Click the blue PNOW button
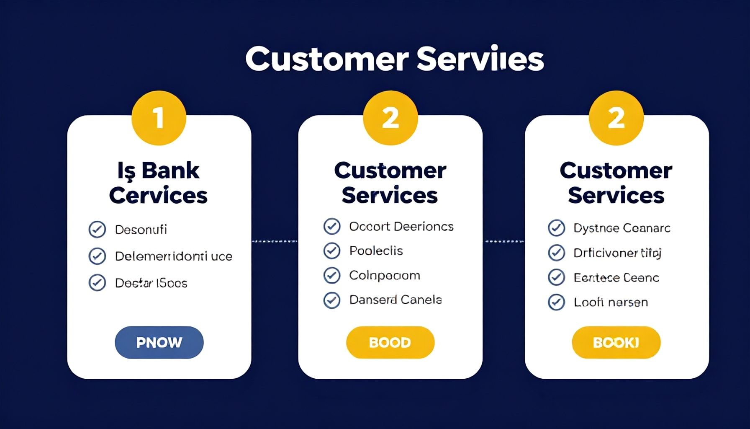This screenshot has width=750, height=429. pyautogui.click(x=159, y=342)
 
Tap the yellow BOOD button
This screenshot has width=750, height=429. pyautogui.click(x=390, y=342)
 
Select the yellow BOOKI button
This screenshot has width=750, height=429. pyautogui.click(x=616, y=342)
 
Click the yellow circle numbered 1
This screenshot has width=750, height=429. pyautogui.click(x=159, y=118)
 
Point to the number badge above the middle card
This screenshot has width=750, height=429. pyautogui.click(x=390, y=118)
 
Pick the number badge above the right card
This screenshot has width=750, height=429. pyautogui.click(x=616, y=118)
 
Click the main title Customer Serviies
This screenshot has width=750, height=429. pyautogui.click(x=394, y=59)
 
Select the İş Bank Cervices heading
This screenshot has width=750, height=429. pyautogui.click(x=158, y=183)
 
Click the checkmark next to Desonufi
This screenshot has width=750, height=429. pyautogui.click(x=97, y=229)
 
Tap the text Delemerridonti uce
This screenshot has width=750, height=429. pyautogui.click(x=173, y=256)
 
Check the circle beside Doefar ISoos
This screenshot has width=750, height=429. pyautogui.click(x=97, y=283)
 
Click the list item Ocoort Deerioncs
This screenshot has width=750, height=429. pyautogui.click(x=401, y=226)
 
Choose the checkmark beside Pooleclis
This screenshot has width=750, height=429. pyautogui.click(x=332, y=251)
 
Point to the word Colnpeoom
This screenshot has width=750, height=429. pyautogui.click(x=384, y=275)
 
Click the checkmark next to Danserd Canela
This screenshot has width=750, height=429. pyautogui.click(x=332, y=300)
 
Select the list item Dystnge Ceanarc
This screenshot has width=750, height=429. pyautogui.click(x=622, y=228)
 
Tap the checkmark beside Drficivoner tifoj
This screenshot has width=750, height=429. pyautogui.click(x=557, y=253)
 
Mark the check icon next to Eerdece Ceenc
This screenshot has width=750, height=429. pyautogui.click(x=557, y=277)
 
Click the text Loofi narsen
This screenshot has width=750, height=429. pyautogui.click(x=610, y=302)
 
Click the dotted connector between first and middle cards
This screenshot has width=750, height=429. pyautogui.click(x=275, y=241)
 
